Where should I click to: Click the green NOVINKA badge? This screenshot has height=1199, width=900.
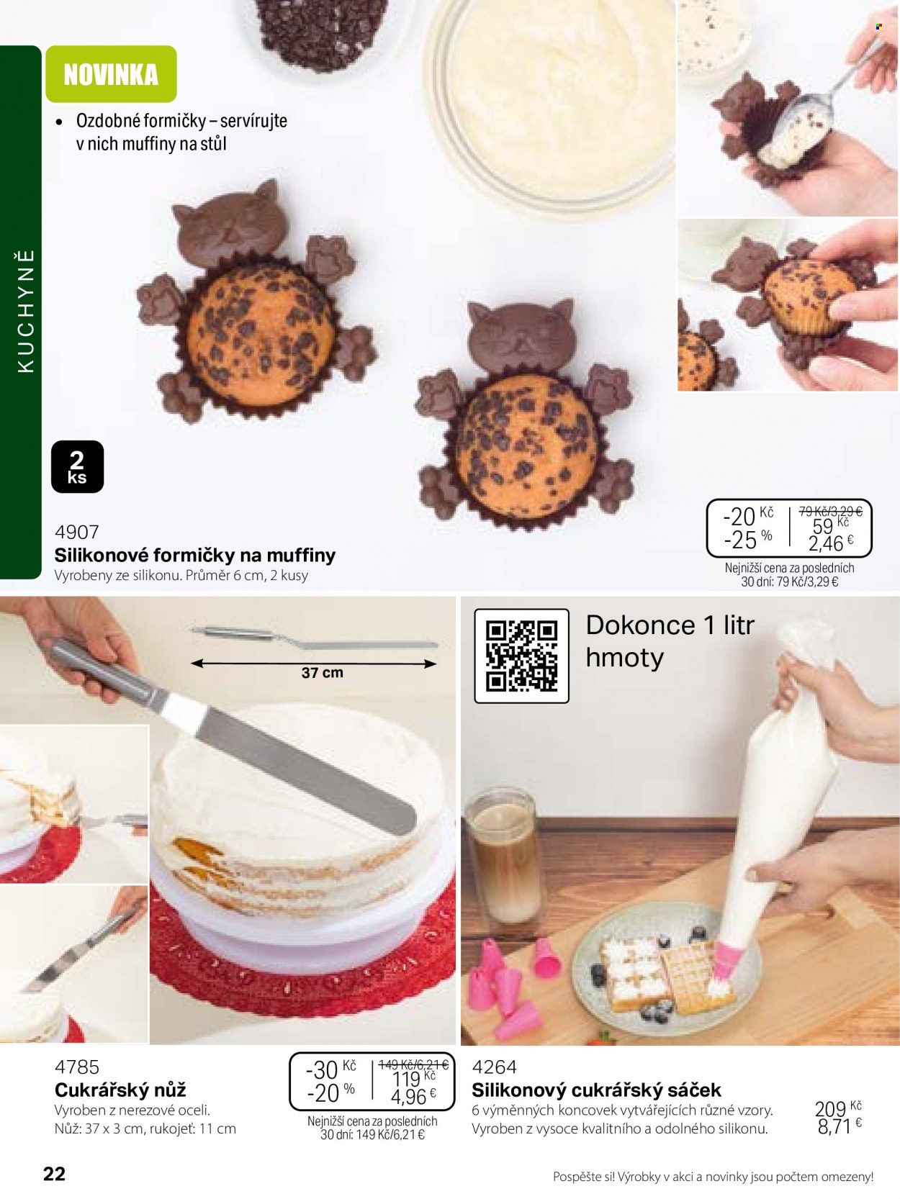tap(111, 74)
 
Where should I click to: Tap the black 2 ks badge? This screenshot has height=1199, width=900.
tap(77, 467)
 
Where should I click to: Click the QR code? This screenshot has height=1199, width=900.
tap(521, 656)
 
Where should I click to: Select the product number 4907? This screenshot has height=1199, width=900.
tap(77, 532)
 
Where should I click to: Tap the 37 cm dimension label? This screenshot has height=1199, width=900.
tap(323, 672)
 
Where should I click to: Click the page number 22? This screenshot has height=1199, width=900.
tap(54, 1173)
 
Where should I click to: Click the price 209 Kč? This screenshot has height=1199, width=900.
tap(837, 1108)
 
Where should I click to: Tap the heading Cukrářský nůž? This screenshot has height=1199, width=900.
tap(120, 1090)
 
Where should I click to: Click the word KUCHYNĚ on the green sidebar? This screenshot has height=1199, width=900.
tap(26, 312)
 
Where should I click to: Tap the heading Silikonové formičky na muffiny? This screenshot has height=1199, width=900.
tap(195, 555)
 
